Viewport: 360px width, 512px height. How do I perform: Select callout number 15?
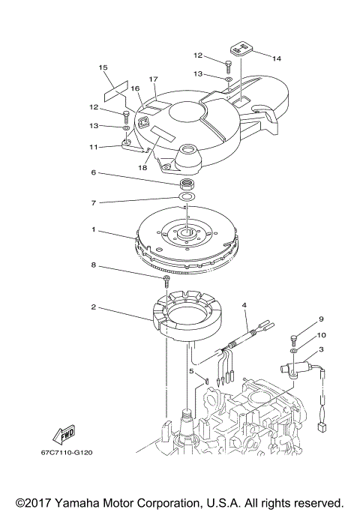[x=103, y=67]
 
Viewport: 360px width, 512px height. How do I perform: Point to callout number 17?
[x=153, y=79]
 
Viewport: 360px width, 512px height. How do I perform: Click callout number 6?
[x=93, y=172]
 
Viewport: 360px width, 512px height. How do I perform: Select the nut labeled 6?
[x=185, y=184]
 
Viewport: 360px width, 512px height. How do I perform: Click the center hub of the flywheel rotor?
[x=185, y=233]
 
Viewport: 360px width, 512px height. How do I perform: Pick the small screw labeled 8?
[x=164, y=280]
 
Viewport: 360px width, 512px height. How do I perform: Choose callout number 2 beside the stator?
[x=93, y=307]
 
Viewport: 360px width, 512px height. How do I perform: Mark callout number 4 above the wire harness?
[x=244, y=305]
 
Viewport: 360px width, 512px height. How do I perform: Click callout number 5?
[x=191, y=370]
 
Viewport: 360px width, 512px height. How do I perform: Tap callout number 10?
[x=321, y=335]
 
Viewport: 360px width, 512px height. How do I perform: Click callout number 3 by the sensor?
[x=321, y=349]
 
